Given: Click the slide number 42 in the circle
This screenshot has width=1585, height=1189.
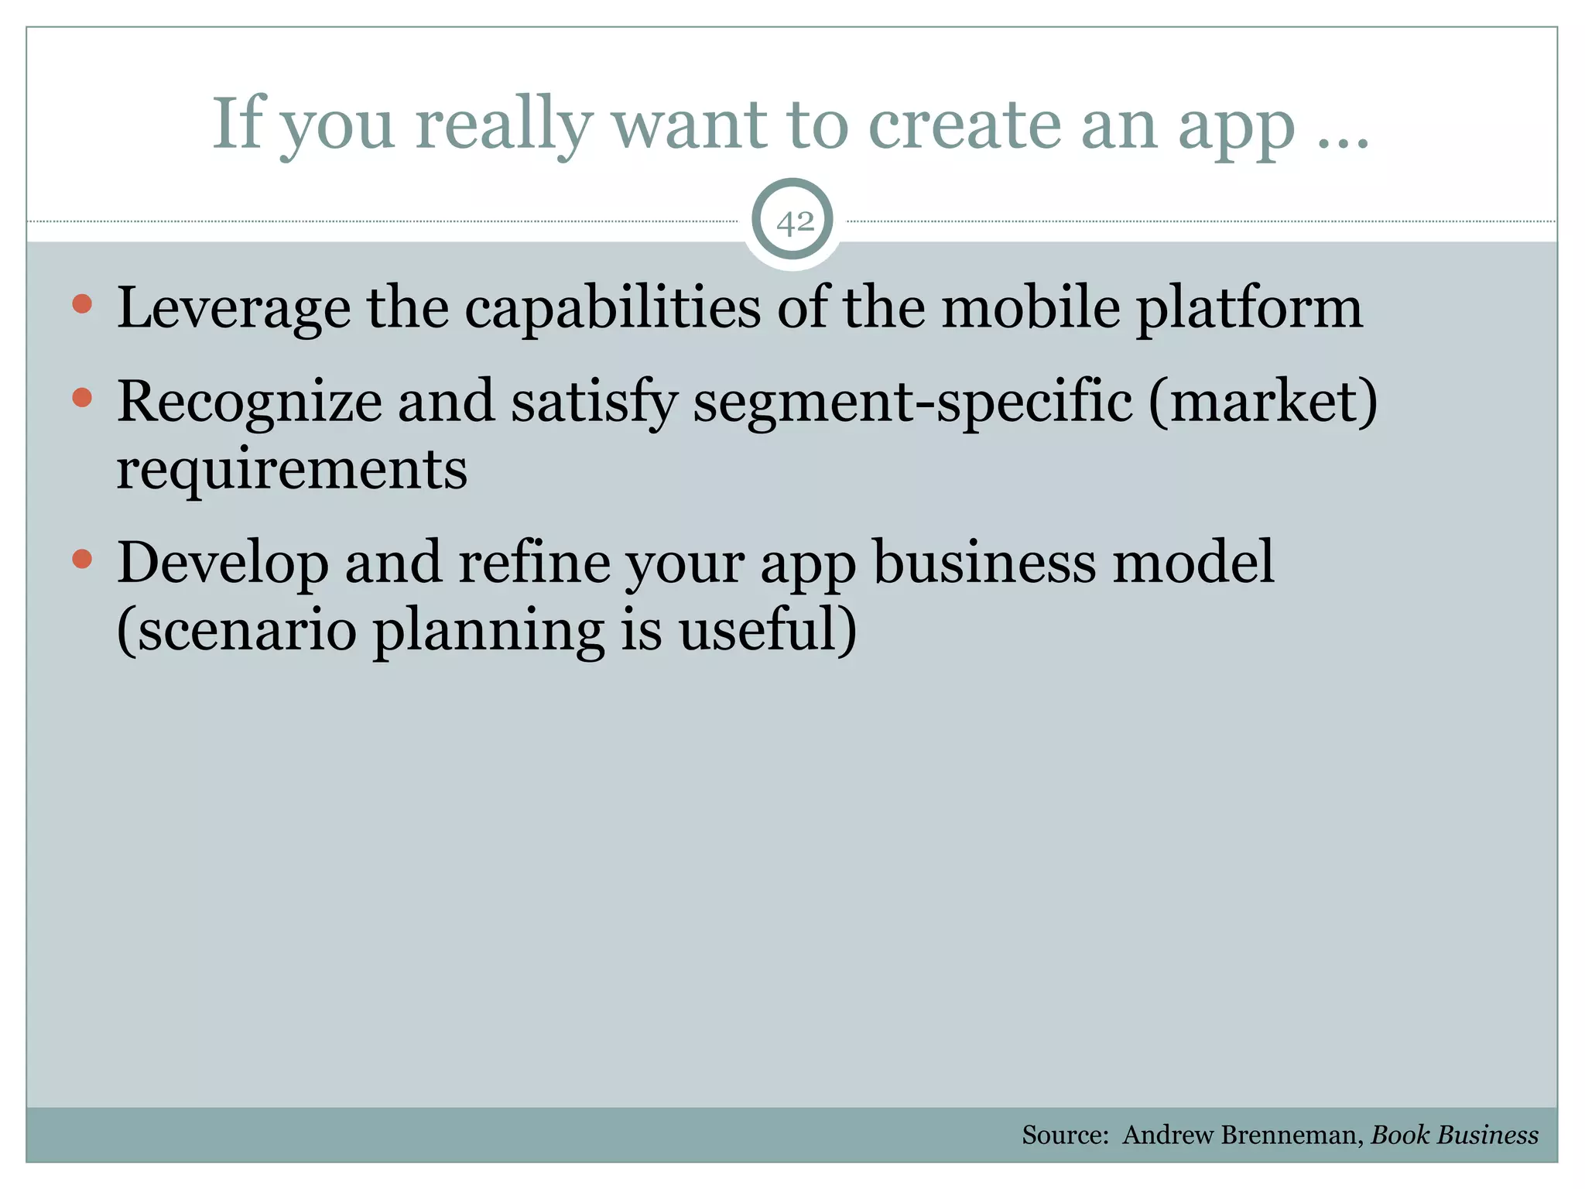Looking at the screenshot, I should click(794, 223).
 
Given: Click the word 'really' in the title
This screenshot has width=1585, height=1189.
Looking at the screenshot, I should click(504, 125).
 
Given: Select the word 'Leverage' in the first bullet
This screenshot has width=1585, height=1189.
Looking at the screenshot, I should click(234, 309).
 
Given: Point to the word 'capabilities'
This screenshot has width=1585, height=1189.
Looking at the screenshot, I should click(612, 309).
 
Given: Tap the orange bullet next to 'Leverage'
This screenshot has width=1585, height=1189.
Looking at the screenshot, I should click(82, 303).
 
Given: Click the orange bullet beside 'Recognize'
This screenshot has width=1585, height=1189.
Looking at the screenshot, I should click(82, 398).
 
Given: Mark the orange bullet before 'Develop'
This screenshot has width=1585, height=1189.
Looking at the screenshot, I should click(82, 558).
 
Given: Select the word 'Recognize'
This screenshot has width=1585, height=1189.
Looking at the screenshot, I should click(249, 403).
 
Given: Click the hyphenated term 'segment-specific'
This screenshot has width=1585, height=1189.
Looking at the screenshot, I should click(912, 403).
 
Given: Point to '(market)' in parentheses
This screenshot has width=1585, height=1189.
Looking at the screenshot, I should click(1262, 403).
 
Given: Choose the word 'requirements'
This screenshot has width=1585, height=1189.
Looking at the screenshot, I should click(292, 470).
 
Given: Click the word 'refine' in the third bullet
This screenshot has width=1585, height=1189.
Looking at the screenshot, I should click(534, 563).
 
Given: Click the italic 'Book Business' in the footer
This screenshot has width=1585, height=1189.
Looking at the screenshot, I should click(1454, 1135).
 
